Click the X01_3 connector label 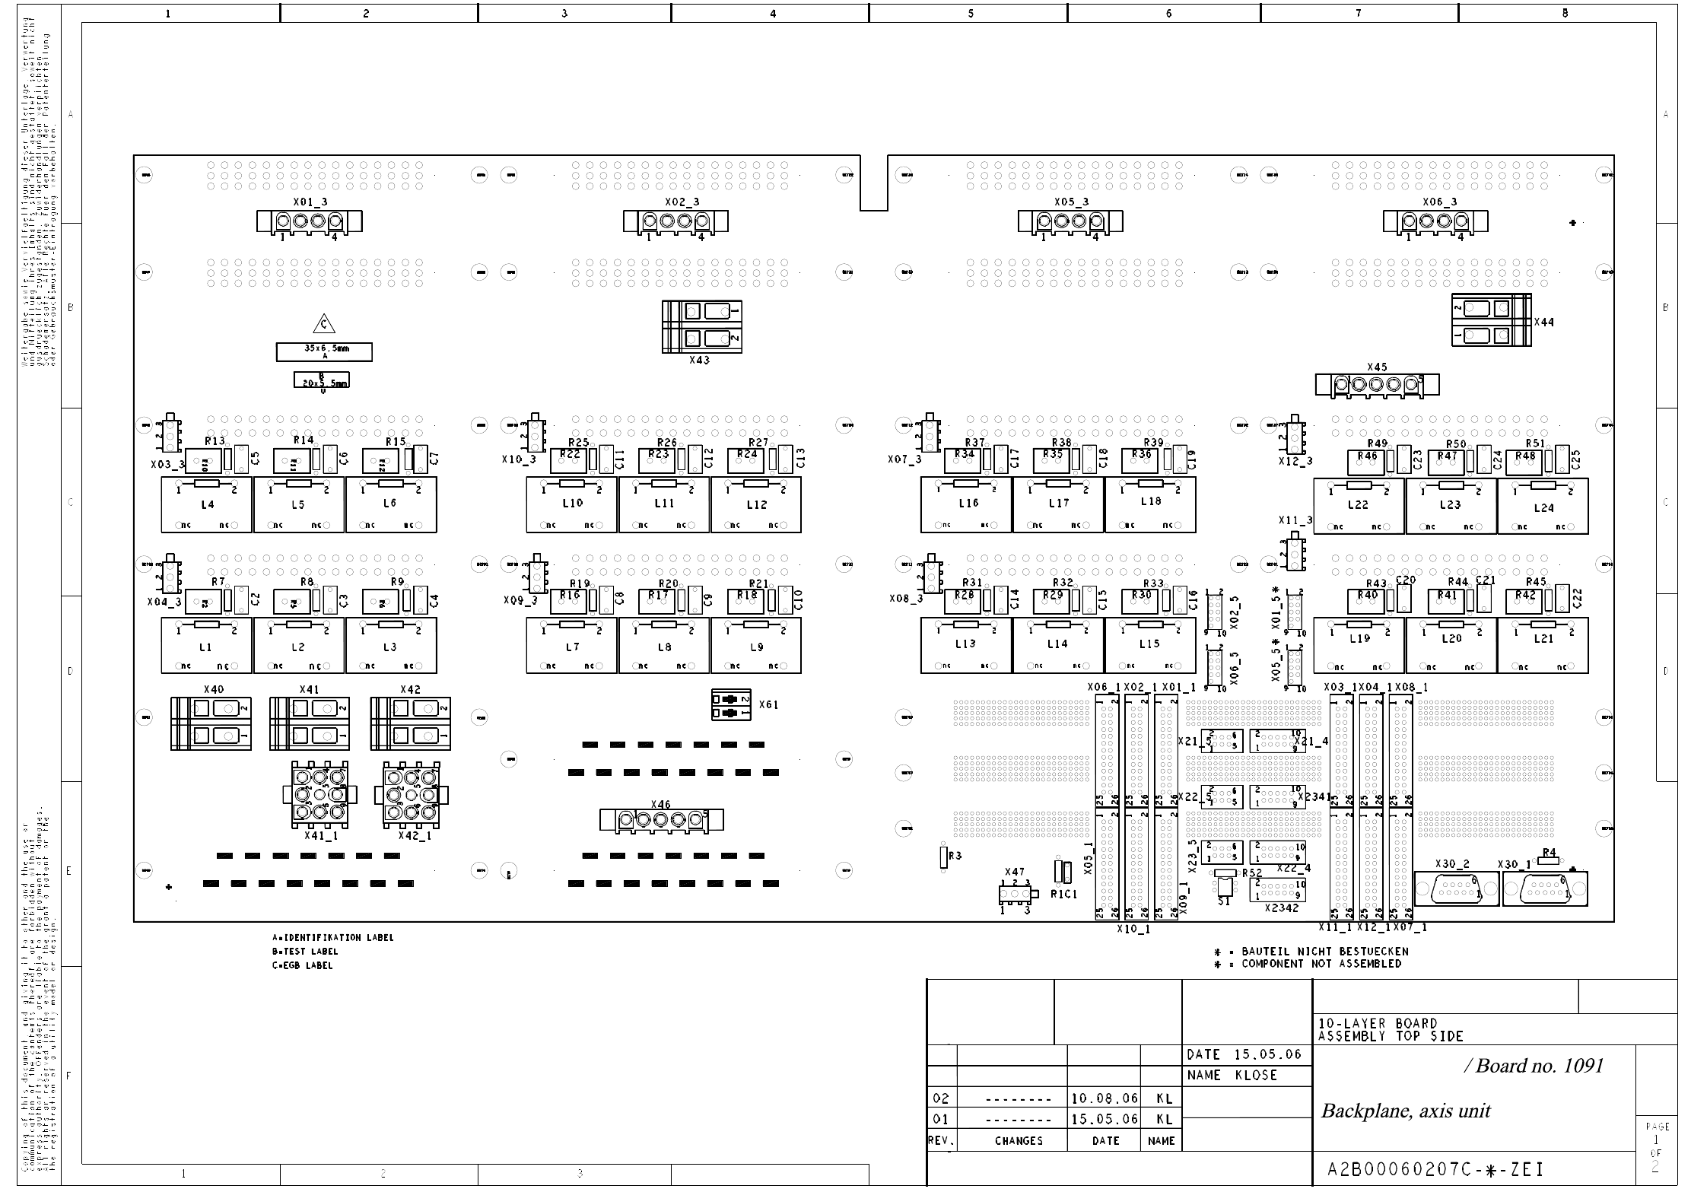[309, 202]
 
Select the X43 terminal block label [699, 360]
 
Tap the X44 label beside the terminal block [1543, 323]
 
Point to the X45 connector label [1377, 367]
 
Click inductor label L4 [207, 504]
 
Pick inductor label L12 [756, 505]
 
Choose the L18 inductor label [1151, 502]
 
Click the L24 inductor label [1543, 508]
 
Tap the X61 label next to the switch [768, 705]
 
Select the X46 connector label [661, 805]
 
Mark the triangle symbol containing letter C [324, 324]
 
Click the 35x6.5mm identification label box [324, 351]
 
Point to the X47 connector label [1014, 873]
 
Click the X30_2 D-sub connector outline [1456, 889]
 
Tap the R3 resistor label [955, 856]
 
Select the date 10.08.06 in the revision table [1105, 1098]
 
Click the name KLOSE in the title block [1256, 1076]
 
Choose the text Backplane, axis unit [1405, 1111]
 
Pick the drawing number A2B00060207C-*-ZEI [1435, 1169]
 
